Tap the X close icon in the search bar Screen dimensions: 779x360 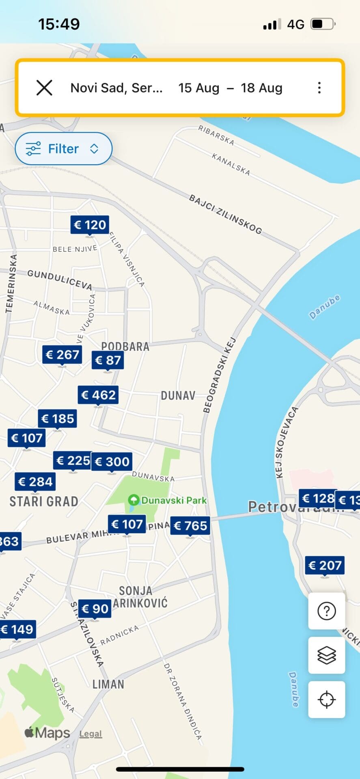(44, 88)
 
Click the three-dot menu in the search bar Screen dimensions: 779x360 (319, 88)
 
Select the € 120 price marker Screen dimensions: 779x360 (90, 225)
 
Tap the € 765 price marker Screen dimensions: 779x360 (190, 526)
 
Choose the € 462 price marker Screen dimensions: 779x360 (98, 395)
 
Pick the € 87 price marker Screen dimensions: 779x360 (108, 360)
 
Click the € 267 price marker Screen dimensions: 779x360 (62, 355)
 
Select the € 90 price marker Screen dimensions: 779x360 (95, 609)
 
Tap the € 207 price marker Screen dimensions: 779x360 (325, 565)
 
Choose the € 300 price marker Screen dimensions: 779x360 (112, 462)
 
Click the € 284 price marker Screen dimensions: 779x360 (35, 482)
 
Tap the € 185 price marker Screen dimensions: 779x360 (58, 419)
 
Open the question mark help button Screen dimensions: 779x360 (327, 611)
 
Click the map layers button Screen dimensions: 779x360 (327, 655)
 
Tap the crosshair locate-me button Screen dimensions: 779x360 (327, 699)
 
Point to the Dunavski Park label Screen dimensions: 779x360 (174, 500)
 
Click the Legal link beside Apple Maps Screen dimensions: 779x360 (91, 734)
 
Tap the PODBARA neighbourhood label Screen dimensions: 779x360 (125, 346)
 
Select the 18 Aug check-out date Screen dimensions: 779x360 (261, 88)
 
